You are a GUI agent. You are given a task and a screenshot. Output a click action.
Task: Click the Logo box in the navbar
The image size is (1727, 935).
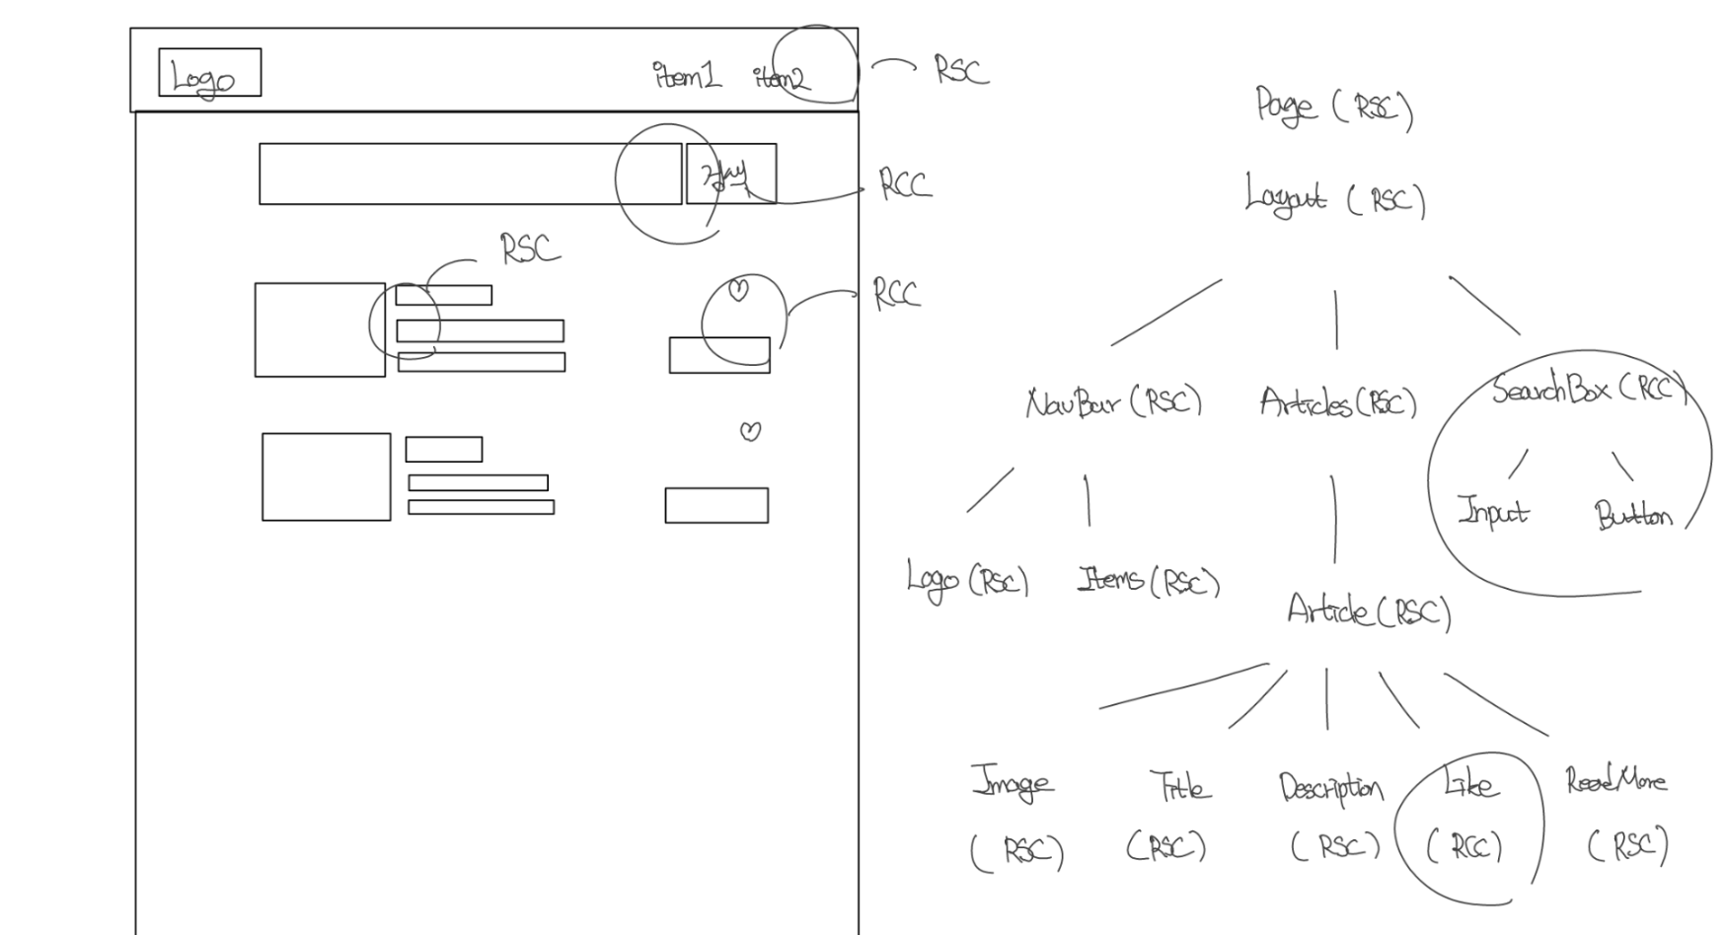coord(209,73)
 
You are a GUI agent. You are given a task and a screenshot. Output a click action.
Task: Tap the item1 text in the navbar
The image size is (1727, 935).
coord(687,76)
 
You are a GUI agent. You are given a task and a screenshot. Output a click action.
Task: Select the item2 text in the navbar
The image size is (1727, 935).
coord(782,78)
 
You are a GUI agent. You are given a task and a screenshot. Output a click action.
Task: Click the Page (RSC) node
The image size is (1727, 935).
coord(1333,108)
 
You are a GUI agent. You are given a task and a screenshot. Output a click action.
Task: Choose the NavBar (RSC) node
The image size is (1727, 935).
coord(1113,402)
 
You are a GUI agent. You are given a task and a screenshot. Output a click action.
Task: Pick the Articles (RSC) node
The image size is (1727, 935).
coord(1337,402)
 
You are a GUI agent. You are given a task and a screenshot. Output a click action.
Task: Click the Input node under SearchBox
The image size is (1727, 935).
coord(1492,511)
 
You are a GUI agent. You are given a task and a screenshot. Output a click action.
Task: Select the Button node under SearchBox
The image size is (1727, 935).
coord(1633,516)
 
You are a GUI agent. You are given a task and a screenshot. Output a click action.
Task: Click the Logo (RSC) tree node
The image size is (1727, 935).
coord(967,580)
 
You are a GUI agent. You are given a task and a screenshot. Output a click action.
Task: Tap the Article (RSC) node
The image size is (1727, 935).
coord(1369,611)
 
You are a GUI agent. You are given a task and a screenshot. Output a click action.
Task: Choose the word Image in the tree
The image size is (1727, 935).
coord(1013,783)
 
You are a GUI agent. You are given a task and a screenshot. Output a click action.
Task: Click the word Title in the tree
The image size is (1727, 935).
coord(1180,786)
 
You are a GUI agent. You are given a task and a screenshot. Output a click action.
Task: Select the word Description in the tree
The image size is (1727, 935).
coord(1331,787)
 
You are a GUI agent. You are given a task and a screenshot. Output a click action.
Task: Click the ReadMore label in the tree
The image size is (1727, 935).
coord(1615,781)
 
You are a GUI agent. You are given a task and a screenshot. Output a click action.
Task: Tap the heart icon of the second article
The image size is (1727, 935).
coord(751,431)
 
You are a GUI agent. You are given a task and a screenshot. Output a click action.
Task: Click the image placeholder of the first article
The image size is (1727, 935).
coord(320,330)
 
